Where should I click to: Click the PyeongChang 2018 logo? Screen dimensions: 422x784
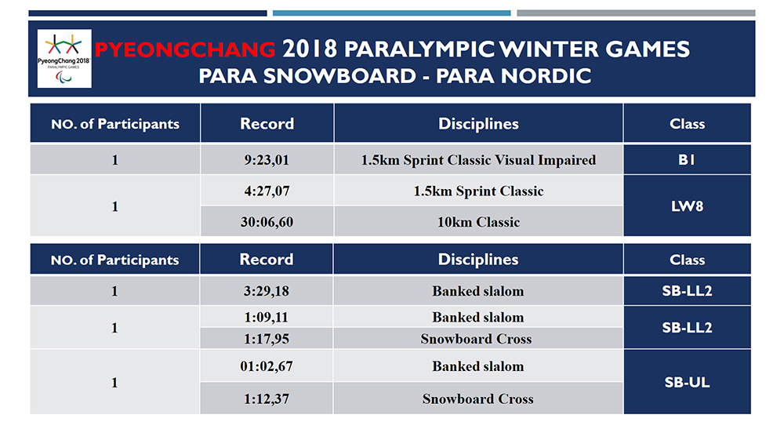coord(64,59)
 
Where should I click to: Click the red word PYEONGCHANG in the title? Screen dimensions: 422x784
coord(185,49)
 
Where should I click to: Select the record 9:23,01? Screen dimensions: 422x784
coord(267,160)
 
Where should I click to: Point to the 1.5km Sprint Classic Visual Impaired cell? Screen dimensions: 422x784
coord(478,160)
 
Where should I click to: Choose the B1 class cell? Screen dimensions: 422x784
coord(687,160)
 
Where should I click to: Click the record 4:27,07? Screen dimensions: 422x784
coord(267,191)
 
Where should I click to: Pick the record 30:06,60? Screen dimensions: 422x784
coord(267,222)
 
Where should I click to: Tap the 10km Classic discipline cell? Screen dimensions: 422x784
coord(478,222)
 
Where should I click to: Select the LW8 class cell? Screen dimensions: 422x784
coord(687,206)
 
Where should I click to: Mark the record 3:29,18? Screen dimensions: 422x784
coord(267,291)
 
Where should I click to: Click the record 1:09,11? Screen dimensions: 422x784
coord(267,318)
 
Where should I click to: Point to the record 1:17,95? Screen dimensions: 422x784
coord(267,339)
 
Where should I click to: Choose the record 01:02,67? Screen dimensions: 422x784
coord(267,366)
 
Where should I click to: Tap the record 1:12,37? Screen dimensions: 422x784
coord(267,398)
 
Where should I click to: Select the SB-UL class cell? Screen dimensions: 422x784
coord(687,382)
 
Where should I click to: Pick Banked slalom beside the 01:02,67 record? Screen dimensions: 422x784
coord(478,366)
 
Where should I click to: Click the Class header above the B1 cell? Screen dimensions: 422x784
coord(687,124)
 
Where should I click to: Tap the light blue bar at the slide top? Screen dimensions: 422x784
coord(391,13)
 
